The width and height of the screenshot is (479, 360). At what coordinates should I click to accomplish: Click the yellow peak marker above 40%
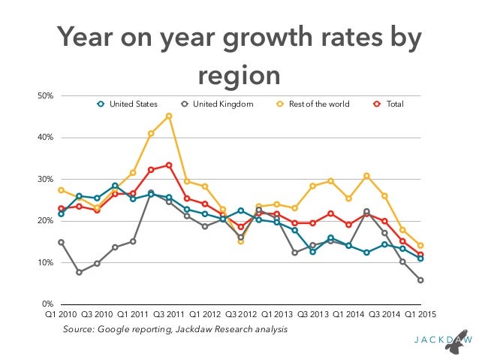169,116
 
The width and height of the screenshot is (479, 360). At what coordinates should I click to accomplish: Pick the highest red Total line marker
169,165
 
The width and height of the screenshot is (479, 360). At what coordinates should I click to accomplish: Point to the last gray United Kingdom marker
421,280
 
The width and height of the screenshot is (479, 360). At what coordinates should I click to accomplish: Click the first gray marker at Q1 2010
61,242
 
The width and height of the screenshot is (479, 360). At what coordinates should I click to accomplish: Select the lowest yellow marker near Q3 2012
241,241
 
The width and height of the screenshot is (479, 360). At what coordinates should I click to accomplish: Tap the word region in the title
239,74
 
